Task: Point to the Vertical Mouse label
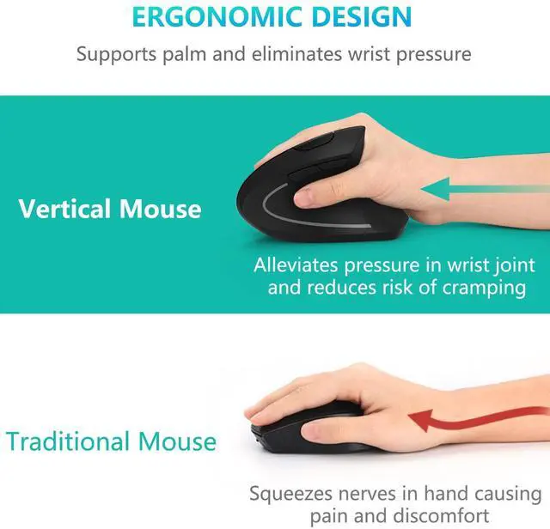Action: [x=110, y=209]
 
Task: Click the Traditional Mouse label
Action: [x=111, y=441]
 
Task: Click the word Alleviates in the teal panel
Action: [x=296, y=264]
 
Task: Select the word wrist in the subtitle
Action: [x=386, y=54]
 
